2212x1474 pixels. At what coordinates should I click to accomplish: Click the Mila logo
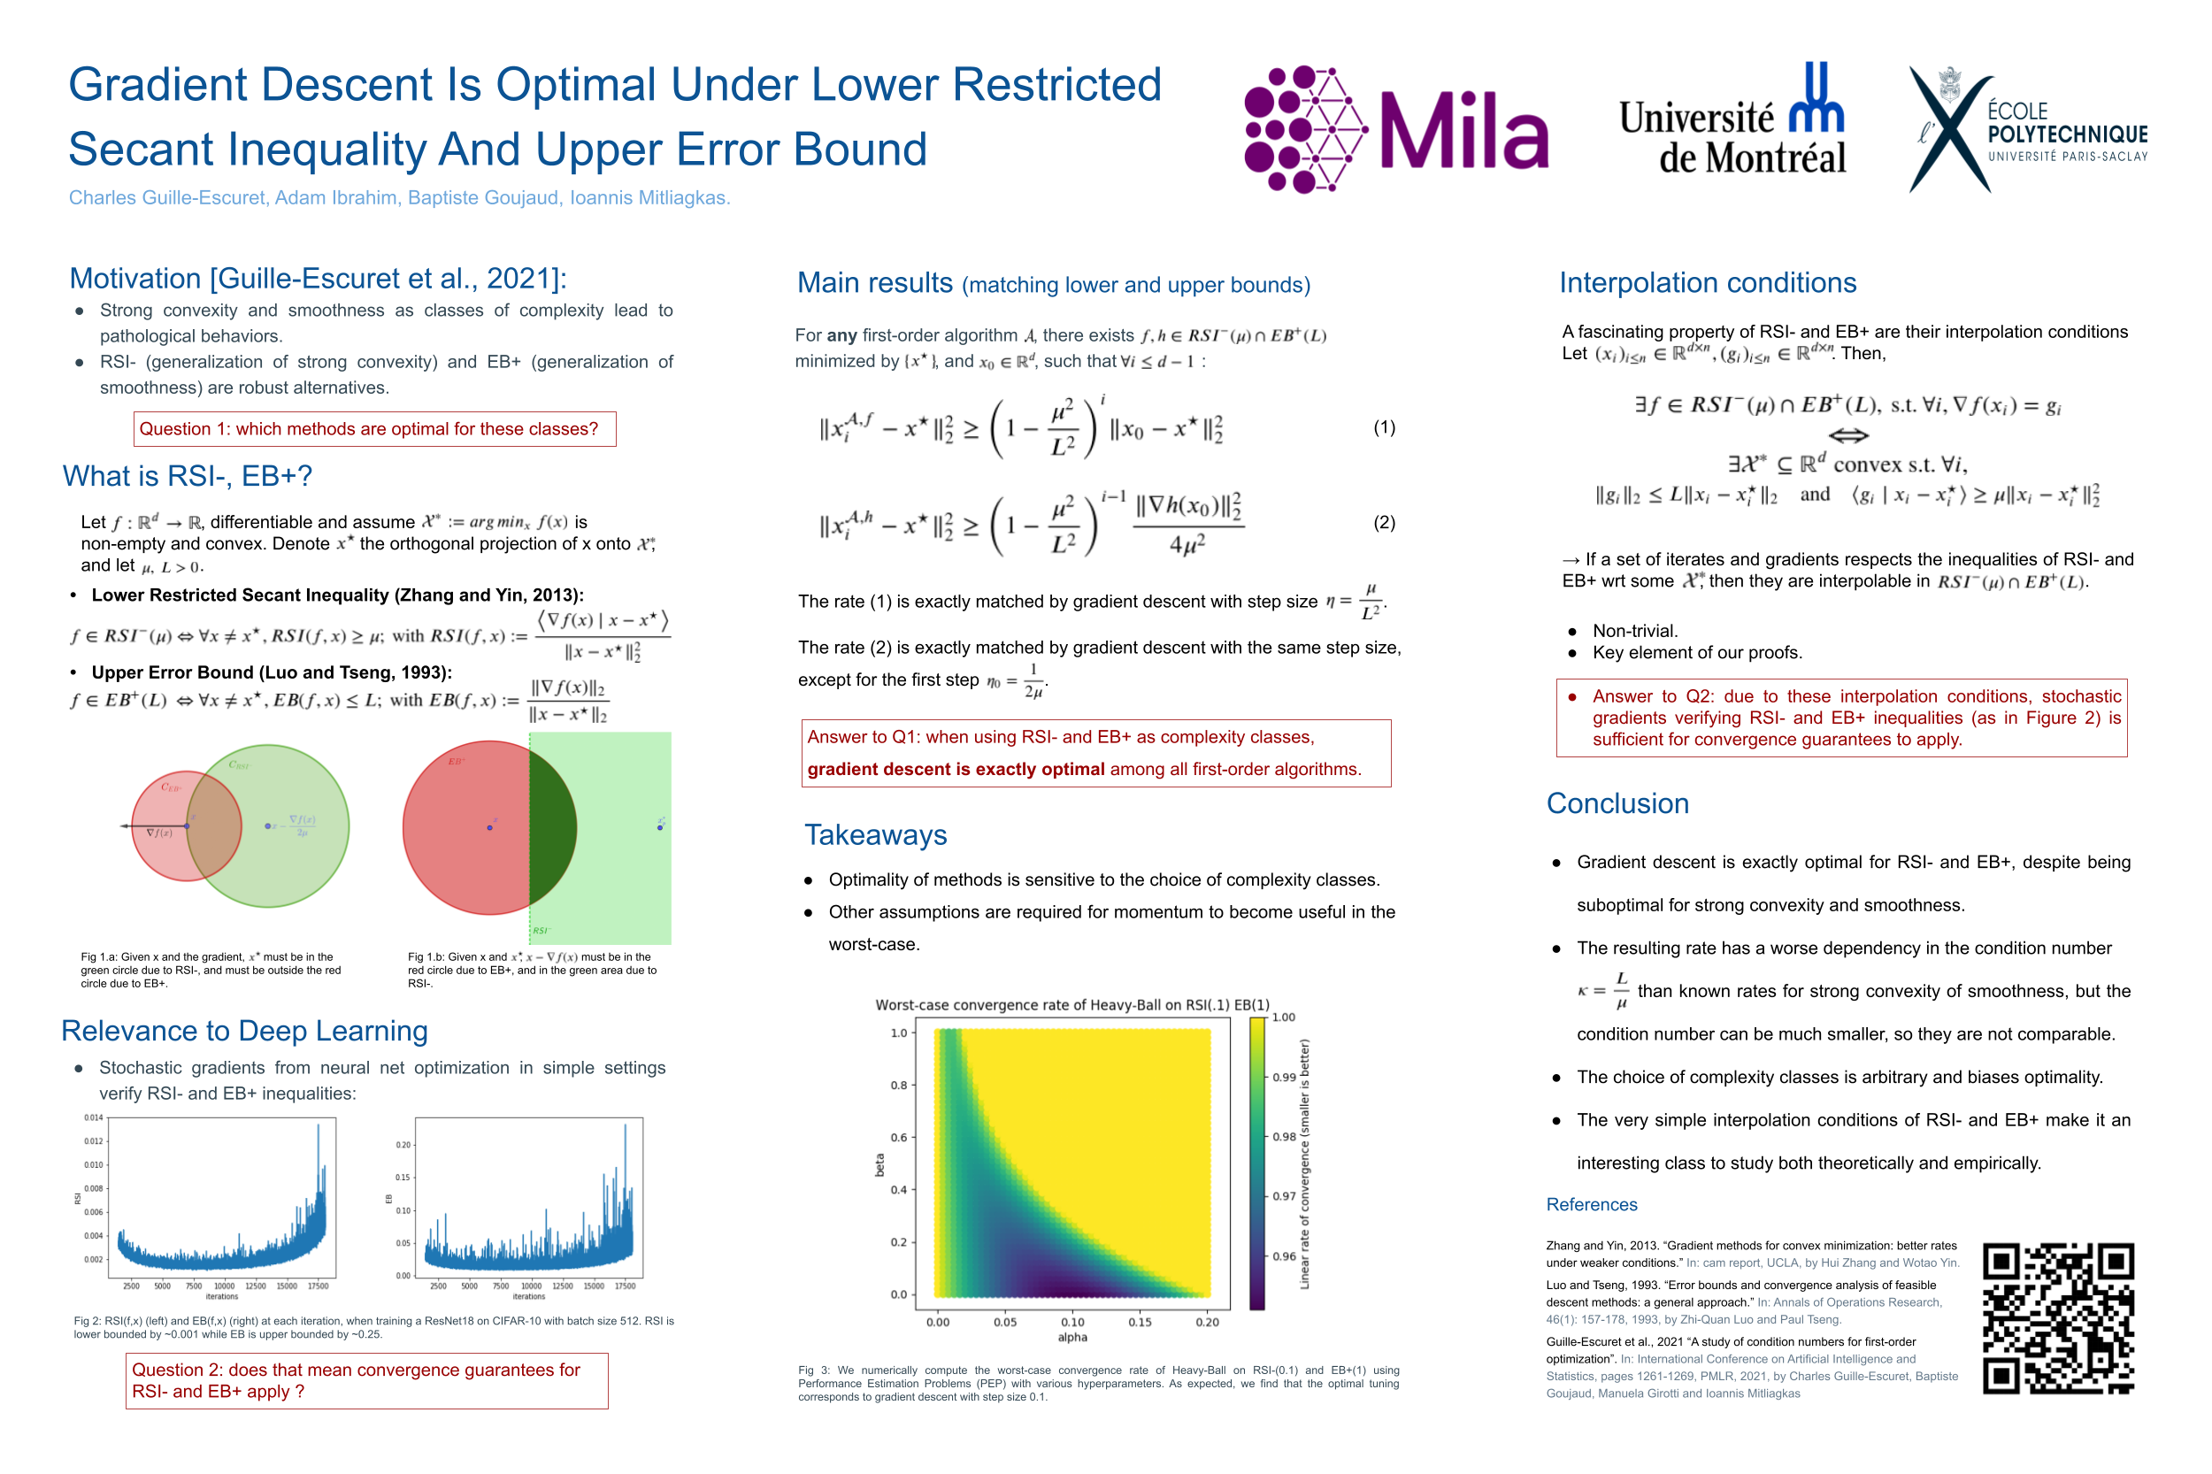pyautogui.click(x=1395, y=130)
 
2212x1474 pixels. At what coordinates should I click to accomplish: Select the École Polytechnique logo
pyautogui.click(x=2027, y=130)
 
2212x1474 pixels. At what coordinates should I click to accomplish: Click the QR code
pyautogui.click(x=2057, y=1317)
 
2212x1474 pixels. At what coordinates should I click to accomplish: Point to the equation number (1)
pyautogui.click(x=1384, y=427)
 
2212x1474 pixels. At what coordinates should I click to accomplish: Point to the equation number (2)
pyautogui.click(x=1384, y=523)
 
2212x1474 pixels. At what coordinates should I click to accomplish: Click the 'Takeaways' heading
pyautogui.click(x=875, y=835)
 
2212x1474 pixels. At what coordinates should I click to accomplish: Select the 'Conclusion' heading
pyautogui.click(x=1617, y=803)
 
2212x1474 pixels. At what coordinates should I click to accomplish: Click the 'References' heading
pyautogui.click(x=1591, y=1204)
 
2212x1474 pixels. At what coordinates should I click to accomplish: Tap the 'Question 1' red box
pyautogui.click(x=374, y=428)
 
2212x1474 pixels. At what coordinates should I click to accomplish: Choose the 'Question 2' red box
pyautogui.click(x=366, y=1380)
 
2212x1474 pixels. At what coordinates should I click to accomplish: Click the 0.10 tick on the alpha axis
pyautogui.click(x=1072, y=1322)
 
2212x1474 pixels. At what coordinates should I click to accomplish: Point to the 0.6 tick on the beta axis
pyautogui.click(x=899, y=1138)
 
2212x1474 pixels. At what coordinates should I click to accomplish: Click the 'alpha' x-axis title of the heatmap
pyautogui.click(x=1071, y=1338)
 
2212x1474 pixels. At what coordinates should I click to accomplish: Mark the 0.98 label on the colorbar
pyautogui.click(x=1284, y=1137)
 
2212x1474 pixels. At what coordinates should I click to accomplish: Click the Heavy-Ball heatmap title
pyautogui.click(x=1071, y=1005)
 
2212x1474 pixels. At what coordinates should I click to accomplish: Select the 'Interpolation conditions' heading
pyautogui.click(x=1707, y=283)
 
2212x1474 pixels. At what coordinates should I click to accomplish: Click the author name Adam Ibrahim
pyautogui.click(x=334, y=197)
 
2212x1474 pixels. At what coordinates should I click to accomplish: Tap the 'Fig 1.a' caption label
pyautogui.click(x=99, y=957)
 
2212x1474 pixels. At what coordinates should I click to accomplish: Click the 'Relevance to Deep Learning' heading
pyautogui.click(x=244, y=1032)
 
